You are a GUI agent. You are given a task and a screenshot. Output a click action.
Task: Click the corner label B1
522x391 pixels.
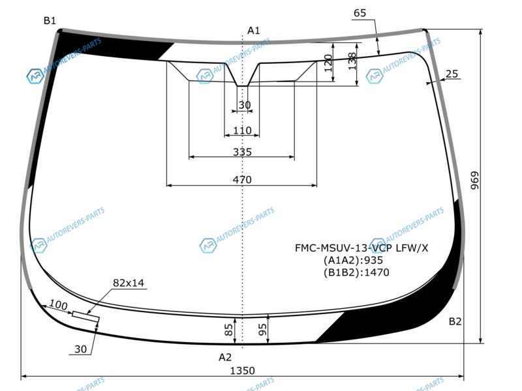pos(50,21)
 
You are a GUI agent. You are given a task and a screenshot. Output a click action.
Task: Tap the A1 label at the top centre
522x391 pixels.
pos(253,31)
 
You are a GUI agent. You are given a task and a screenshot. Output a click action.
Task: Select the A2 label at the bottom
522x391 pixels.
pos(224,357)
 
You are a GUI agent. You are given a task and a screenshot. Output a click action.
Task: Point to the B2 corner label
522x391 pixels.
pos(455,321)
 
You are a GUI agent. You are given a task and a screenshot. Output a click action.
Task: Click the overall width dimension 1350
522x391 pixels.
pos(242,370)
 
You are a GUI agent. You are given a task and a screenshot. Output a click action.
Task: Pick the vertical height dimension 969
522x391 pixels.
pos(474,181)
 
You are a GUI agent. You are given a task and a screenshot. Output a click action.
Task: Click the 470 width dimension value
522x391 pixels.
pos(242,180)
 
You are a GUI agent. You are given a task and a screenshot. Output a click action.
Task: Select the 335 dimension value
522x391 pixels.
pos(242,152)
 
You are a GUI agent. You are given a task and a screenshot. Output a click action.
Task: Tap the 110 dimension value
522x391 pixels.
pos(242,130)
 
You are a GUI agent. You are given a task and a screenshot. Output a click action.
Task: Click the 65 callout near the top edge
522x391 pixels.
pos(360,13)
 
